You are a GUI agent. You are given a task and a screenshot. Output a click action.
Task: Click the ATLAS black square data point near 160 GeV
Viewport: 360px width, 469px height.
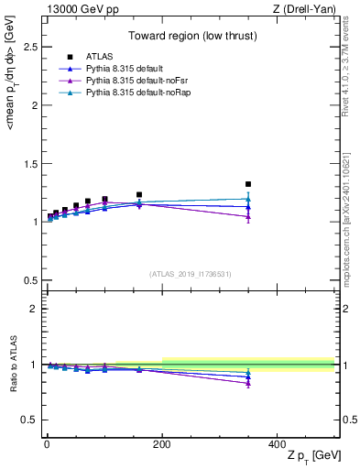click(x=139, y=195)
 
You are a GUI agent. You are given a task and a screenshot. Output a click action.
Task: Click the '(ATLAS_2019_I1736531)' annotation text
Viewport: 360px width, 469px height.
click(x=190, y=274)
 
